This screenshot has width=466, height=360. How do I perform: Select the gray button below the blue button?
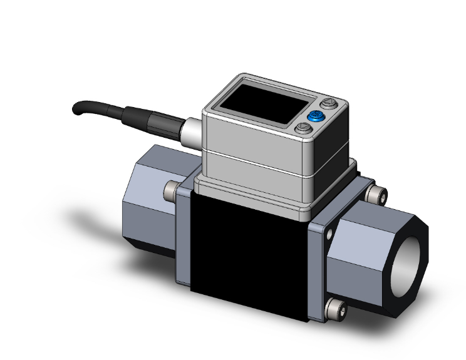point(304,128)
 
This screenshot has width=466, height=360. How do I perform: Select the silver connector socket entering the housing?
point(190,133)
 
